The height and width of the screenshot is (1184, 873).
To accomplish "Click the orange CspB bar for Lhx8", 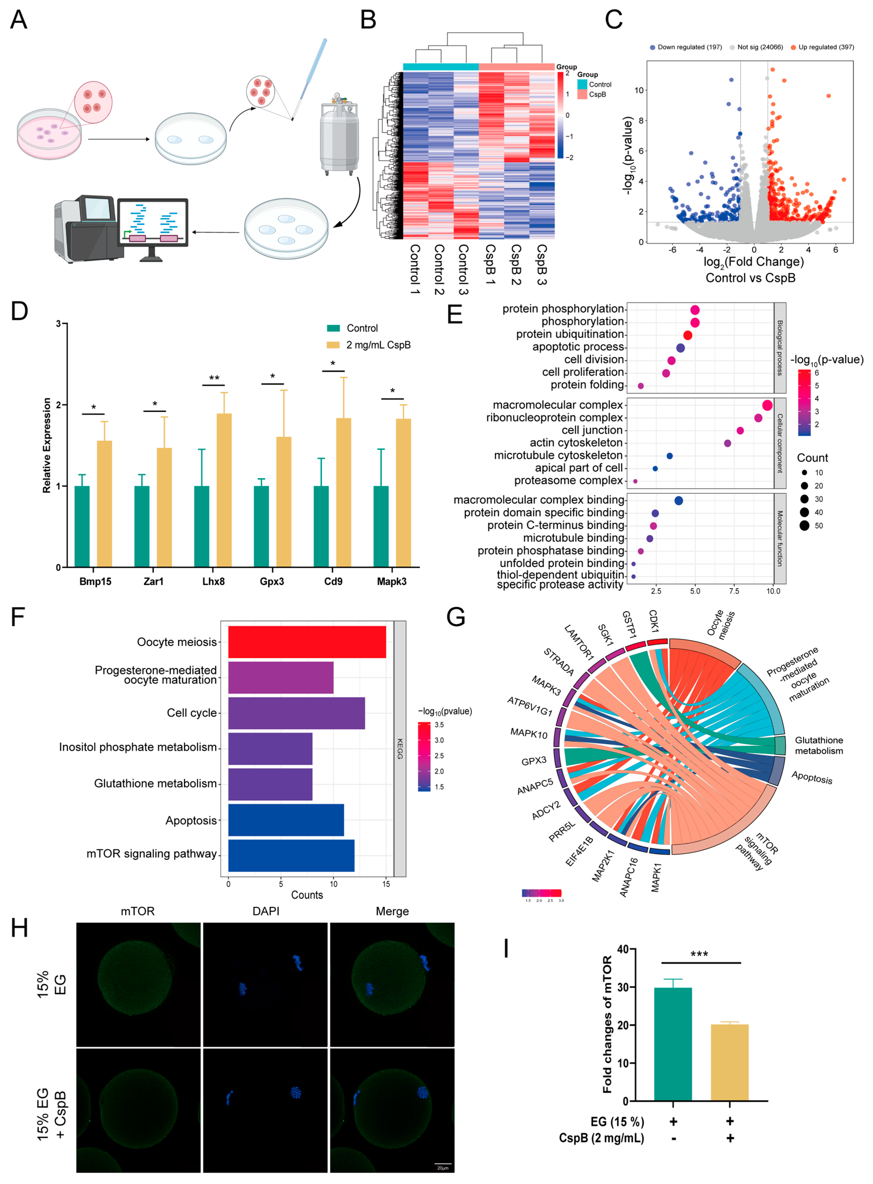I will (224, 490).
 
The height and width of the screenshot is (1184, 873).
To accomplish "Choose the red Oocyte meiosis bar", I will (306, 642).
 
